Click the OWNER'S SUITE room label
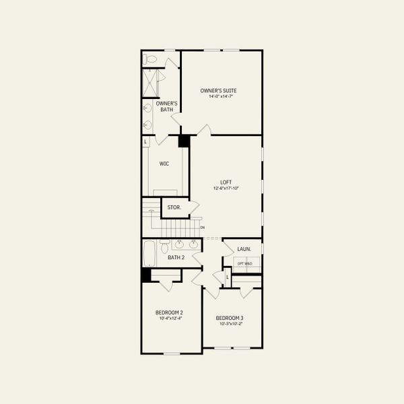click(x=218, y=90)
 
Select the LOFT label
click(x=226, y=182)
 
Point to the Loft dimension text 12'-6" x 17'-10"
click(x=226, y=189)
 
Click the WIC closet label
click(x=164, y=164)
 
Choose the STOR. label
click(x=174, y=207)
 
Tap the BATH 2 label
click(x=176, y=257)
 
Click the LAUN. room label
click(x=244, y=249)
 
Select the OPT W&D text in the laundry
click(x=244, y=263)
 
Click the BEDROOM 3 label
click(x=230, y=318)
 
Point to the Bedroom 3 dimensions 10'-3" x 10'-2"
click(x=230, y=324)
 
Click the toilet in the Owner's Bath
click(x=150, y=59)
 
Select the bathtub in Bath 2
click(x=149, y=255)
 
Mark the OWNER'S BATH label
click(x=166, y=106)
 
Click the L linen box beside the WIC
click(x=145, y=141)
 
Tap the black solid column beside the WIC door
click(x=183, y=141)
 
